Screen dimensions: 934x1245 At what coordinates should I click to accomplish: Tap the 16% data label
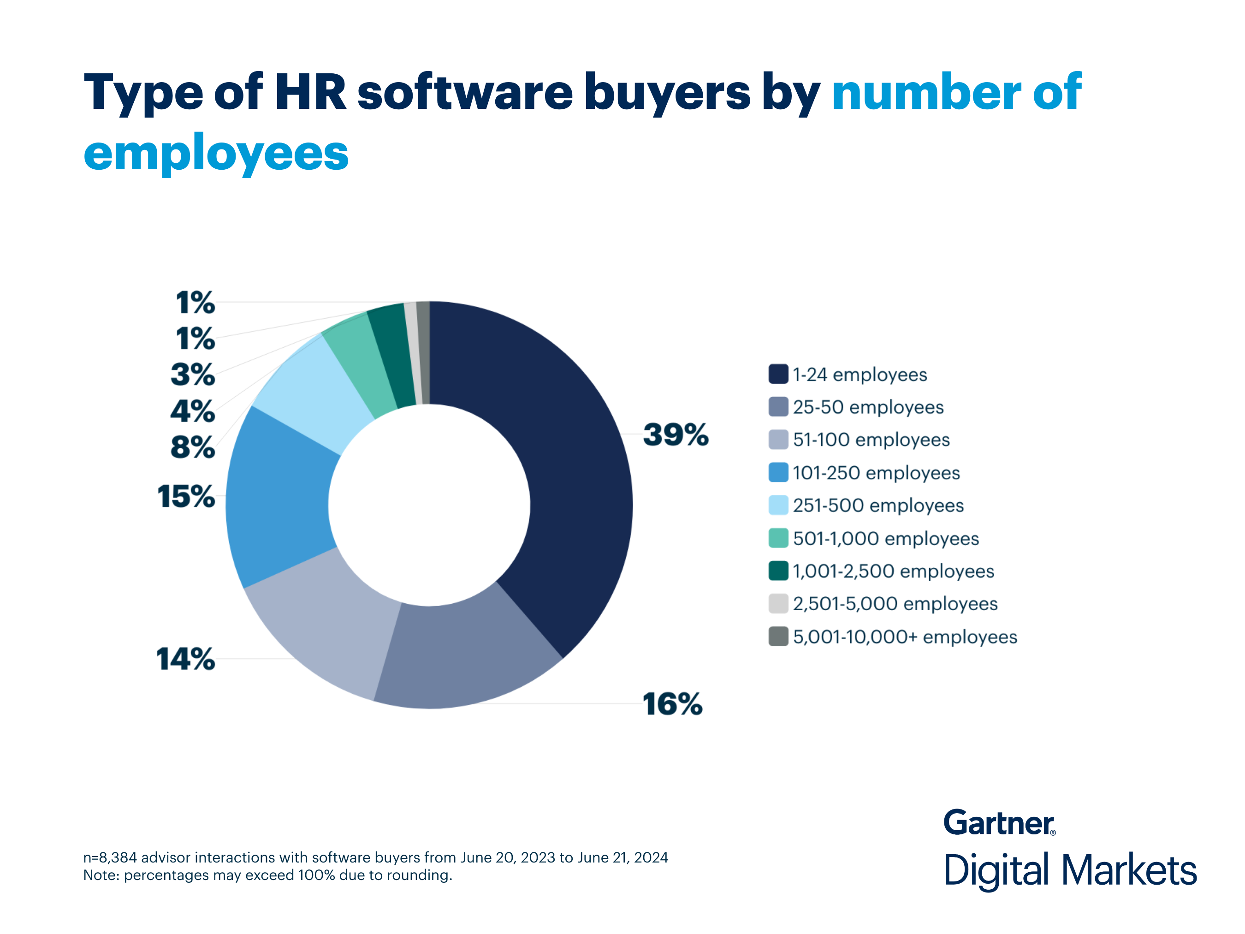coord(673,704)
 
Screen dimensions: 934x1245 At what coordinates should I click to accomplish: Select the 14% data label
coord(186,659)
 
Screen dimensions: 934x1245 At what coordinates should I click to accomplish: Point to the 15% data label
coord(186,497)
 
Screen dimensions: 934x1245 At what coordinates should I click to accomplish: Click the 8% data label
coord(192,447)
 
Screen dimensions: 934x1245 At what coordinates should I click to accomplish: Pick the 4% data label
coord(192,411)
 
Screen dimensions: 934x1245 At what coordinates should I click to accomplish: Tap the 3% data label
coord(192,375)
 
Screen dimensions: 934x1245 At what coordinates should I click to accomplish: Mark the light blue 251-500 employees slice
coord(315,394)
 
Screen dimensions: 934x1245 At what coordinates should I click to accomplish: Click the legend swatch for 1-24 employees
coord(778,375)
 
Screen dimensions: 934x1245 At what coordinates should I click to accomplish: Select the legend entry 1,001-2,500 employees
coord(893,571)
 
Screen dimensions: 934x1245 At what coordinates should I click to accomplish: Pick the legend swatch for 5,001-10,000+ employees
coord(778,637)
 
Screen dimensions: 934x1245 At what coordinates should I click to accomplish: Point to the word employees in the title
coord(216,153)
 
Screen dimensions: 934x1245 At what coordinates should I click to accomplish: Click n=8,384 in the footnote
coord(110,857)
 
